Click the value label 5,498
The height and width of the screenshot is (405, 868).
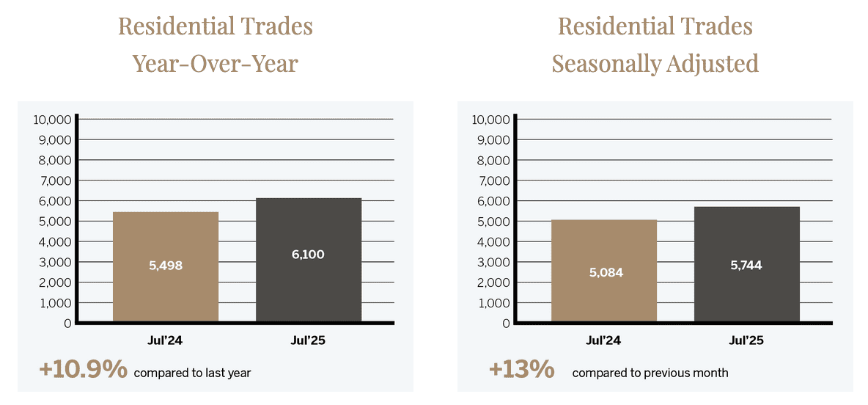[x=166, y=266]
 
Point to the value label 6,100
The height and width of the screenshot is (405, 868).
[x=308, y=255]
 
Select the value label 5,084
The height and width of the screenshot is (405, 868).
[x=605, y=272]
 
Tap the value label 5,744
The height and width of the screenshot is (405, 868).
[x=746, y=266]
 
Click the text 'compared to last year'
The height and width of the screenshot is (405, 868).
[x=192, y=373]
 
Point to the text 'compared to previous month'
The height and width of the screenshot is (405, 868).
[x=650, y=373]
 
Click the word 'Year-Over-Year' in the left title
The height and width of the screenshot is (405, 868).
[x=215, y=63]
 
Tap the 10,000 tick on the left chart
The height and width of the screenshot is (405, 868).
[x=53, y=120]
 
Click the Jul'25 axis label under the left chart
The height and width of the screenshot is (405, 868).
[x=308, y=340]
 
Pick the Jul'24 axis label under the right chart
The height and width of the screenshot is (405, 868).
[x=604, y=340]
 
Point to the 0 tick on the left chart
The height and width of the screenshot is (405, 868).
[x=67, y=323]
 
